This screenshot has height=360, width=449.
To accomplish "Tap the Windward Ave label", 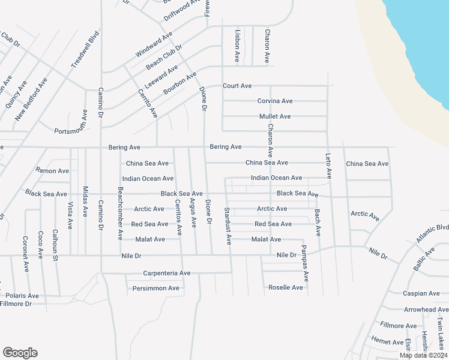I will pyautogui.click(x=154, y=45).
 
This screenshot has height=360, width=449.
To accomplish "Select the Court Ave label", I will pyautogui.click(x=237, y=86).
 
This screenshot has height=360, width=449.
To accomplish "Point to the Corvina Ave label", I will pyautogui.click(x=275, y=101).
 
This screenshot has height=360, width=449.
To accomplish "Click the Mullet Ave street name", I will pyautogui.click(x=275, y=116).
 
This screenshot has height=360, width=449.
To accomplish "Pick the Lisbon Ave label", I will pyautogui.click(x=238, y=47).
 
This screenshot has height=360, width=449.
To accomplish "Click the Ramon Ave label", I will pyautogui.click(x=52, y=171).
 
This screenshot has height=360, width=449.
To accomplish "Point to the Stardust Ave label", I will pyautogui.click(x=228, y=226).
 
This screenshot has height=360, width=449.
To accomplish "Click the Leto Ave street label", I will pyautogui.click(x=328, y=166).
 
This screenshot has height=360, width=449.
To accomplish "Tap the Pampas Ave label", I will pyautogui.click(x=305, y=263).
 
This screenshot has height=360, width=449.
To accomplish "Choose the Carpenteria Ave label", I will pyautogui.click(x=166, y=273).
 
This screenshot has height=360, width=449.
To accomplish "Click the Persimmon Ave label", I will pyautogui.click(x=156, y=288).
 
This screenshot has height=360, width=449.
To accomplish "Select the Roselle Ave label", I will pyautogui.click(x=286, y=287).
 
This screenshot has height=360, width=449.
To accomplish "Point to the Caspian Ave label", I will pyautogui.click(x=422, y=293).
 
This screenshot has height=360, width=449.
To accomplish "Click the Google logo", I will pyautogui.click(x=20, y=353).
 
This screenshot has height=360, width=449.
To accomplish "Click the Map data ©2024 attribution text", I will pyautogui.click(x=423, y=355).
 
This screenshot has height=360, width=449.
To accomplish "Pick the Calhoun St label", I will pyautogui.click(x=55, y=245).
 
